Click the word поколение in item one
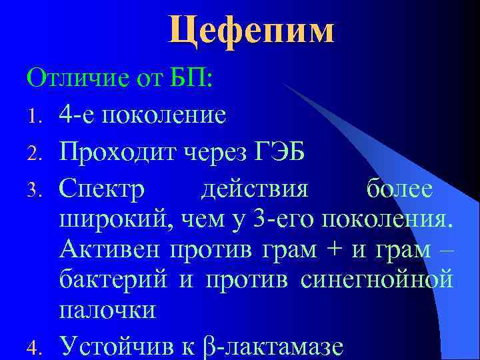[x=159, y=115]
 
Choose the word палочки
[x=107, y=309]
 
